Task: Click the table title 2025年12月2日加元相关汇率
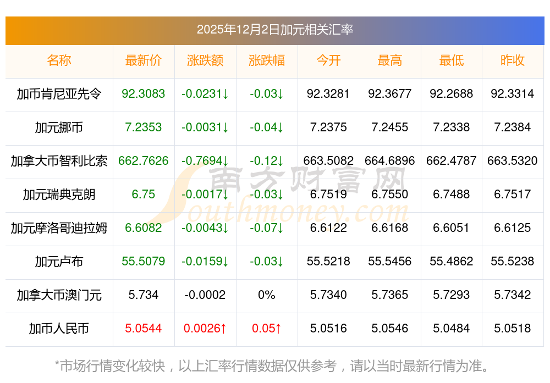coord(274,30)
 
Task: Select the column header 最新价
coord(144,60)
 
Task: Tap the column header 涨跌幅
coord(267,60)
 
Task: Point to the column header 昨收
coord(513,60)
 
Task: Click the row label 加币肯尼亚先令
coord(59,94)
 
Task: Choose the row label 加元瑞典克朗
coord(59,195)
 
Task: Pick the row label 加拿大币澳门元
coord(59,295)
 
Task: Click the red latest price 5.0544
coord(144,329)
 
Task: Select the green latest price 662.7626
coord(144,161)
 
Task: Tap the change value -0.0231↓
coord(205,94)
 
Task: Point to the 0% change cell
coord(267,295)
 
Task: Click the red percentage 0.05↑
coord(267,329)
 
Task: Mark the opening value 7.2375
coord(328,127)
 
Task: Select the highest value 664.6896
coord(390,161)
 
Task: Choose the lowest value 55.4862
coord(452,262)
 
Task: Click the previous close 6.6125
coord(513,228)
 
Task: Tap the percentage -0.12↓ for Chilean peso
coord(267,161)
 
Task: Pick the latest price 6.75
coord(144,195)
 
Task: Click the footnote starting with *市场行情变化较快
coord(272,365)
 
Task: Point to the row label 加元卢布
coord(59,262)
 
